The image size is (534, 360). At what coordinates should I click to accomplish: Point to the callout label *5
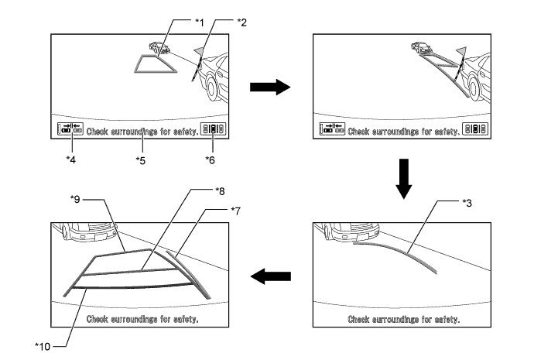[x=142, y=160]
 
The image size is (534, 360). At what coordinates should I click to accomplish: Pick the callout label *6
[x=211, y=159]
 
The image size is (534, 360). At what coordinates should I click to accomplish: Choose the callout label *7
[x=236, y=211]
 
